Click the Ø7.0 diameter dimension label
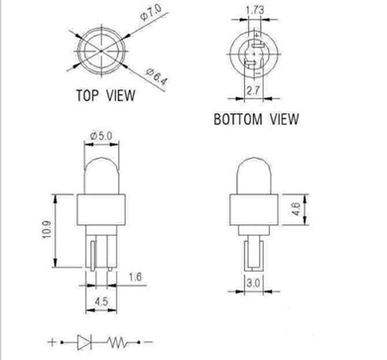click(x=151, y=12)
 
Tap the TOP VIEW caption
click(x=106, y=95)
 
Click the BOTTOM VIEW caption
click(x=256, y=119)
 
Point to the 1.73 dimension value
click(x=255, y=10)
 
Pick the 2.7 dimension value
click(x=253, y=90)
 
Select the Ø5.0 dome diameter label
click(x=101, y=136)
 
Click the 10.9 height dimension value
click(x=47, y=230)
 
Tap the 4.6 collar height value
click(x=297, y=209)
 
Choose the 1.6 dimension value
click(x=135, y=277)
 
